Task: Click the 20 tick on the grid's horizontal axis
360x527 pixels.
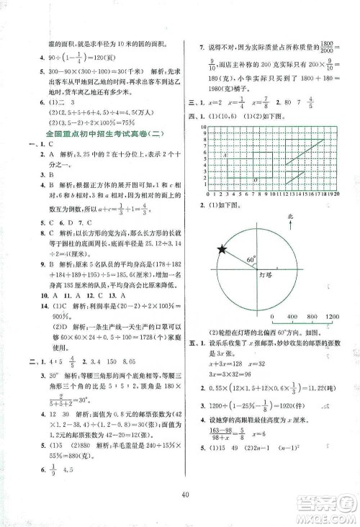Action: click(337, 194)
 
